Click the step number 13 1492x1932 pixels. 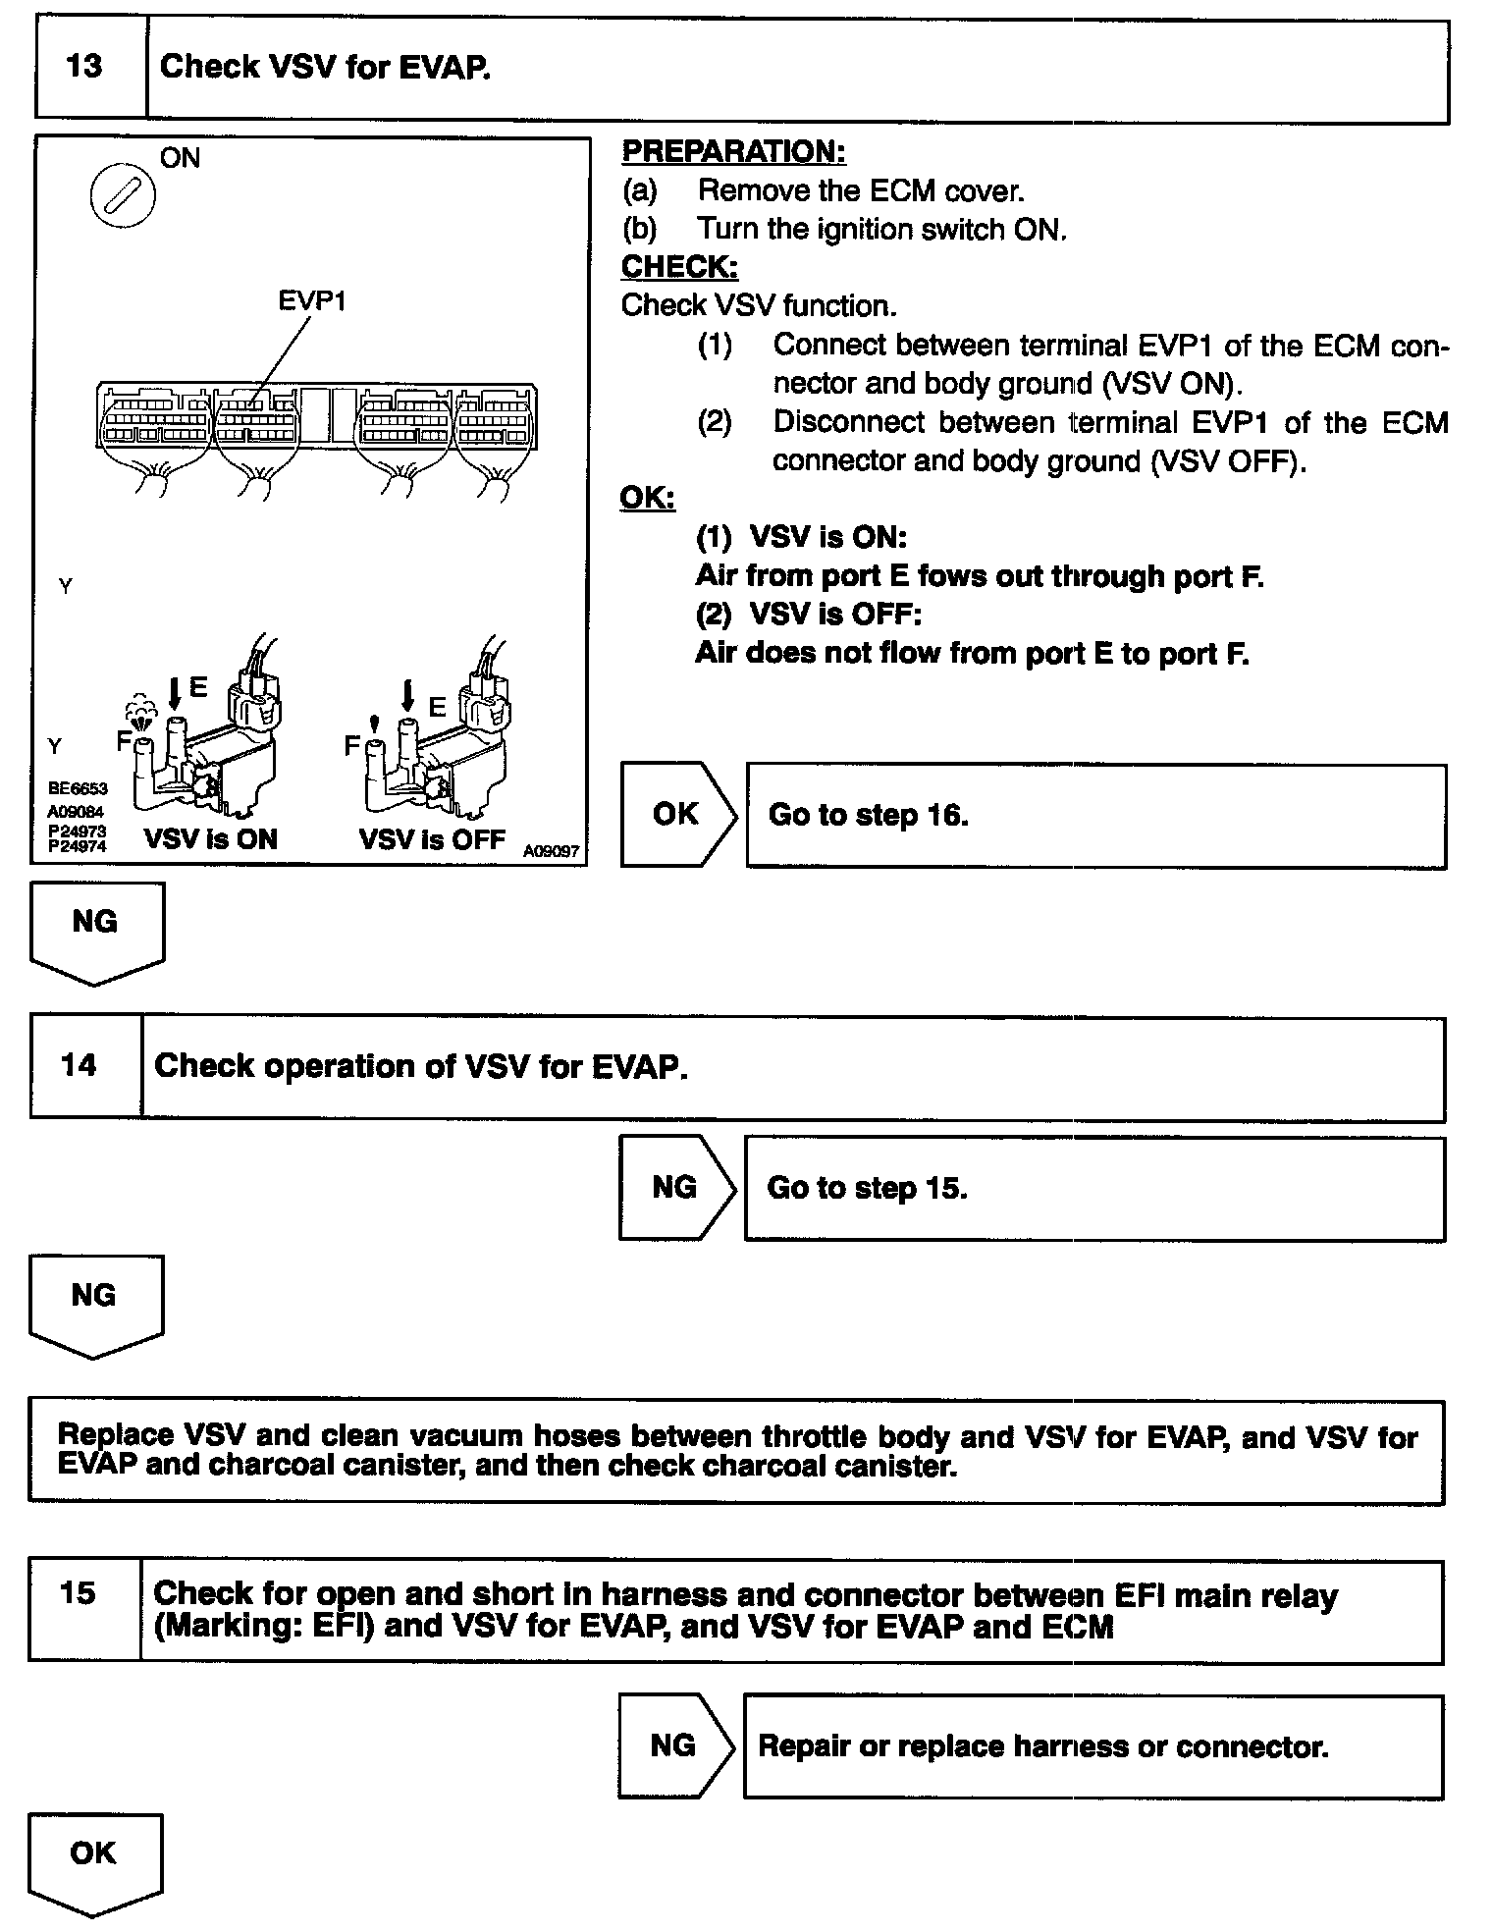click(x=84, y=67)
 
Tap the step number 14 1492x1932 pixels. click(x=80, y=1065)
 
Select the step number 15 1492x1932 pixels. click(x=79, y=1592)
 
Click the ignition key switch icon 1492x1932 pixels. click(x=123, y=196)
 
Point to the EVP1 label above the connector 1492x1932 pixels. click(x=311, y=300)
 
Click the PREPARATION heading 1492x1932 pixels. click(x=733, y=152)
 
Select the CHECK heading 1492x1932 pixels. click(x=679, y=267)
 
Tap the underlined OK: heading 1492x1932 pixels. click(x=647, y=499)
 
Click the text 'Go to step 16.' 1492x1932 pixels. click(x=868, y=815)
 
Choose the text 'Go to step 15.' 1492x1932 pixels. click(x=867, y=1188)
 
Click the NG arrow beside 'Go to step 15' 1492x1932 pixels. click(x=674, y=1188)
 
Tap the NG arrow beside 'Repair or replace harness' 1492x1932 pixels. click(x=673, y=1744)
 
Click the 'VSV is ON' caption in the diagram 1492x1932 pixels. click(x=211, y=839)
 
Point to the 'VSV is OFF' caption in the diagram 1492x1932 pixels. click(x=432, y=839)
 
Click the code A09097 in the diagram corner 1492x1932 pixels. click(x=551, y=851)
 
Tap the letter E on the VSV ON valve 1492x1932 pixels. click(x=198, y=688)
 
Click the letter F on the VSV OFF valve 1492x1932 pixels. click(x=351, y=746)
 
